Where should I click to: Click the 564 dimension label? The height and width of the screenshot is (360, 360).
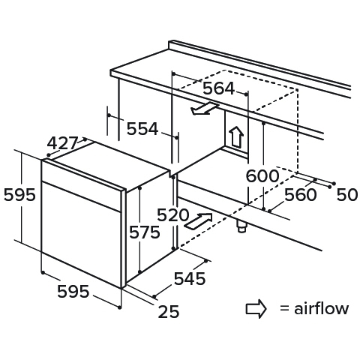point(218,88)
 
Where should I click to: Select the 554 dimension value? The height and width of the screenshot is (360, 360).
point(142,129)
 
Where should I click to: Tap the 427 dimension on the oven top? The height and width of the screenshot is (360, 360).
point(63,143)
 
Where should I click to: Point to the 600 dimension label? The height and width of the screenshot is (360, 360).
point(262,175)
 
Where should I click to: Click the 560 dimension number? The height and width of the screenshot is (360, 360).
point(301,195)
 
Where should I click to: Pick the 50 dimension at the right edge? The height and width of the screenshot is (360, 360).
point(347,195)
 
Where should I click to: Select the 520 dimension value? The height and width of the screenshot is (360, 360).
point(172,215)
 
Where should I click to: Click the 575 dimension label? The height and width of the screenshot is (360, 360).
point(145,232)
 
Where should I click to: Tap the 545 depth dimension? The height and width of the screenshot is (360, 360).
point(190,278)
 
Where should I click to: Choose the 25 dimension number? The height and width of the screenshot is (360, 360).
point(169,311)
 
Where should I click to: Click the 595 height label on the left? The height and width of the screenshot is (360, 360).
point(19,195)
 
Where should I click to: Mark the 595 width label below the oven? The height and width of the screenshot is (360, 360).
point(73,292)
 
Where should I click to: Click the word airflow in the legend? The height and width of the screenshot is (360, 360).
point(321,309)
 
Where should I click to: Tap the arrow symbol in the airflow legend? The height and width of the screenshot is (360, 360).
point(256,309)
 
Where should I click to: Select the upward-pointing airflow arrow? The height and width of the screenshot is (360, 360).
point(236,136)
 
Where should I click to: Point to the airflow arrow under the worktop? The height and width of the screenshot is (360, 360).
point(205,109)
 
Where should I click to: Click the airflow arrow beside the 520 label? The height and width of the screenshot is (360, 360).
point(198,221)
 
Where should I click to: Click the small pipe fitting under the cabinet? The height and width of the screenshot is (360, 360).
point(241,226)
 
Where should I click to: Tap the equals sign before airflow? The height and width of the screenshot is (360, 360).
point(284,308)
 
